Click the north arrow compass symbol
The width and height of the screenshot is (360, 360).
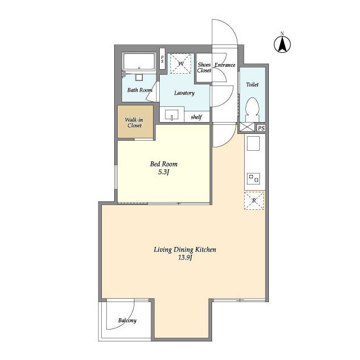[x=282, y=44]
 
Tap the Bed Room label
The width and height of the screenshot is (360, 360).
[x=164, y=164]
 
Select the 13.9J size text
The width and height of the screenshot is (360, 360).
[x=185, y=258]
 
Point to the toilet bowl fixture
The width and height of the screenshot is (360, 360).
[x=253, y=110]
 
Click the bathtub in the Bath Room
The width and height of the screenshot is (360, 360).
[x=139, y=61]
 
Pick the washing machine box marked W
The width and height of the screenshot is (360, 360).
[x=181, y=64]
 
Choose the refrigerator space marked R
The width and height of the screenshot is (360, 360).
[x=254, y=201]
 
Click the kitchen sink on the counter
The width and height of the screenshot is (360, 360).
[x=253, y=143]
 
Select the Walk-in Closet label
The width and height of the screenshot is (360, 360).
[x=134, y=123]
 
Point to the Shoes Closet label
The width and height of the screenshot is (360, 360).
[x=204, y=67]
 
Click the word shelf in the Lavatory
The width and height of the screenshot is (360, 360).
[x=196, y=117]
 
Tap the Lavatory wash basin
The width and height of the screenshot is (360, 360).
[x=172, y=115]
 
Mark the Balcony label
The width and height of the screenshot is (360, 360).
[x=128, y=320]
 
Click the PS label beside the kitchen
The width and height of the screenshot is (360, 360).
[x=261, y=128]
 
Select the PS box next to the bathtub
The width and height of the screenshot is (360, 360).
[x=163, y=58]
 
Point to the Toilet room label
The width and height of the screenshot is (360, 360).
[x=253, y=85]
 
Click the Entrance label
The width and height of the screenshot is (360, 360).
[x=225, y=65]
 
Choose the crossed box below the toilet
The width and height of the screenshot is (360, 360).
[x=247, y=127]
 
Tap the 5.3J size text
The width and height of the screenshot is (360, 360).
[x=164, y=172]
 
